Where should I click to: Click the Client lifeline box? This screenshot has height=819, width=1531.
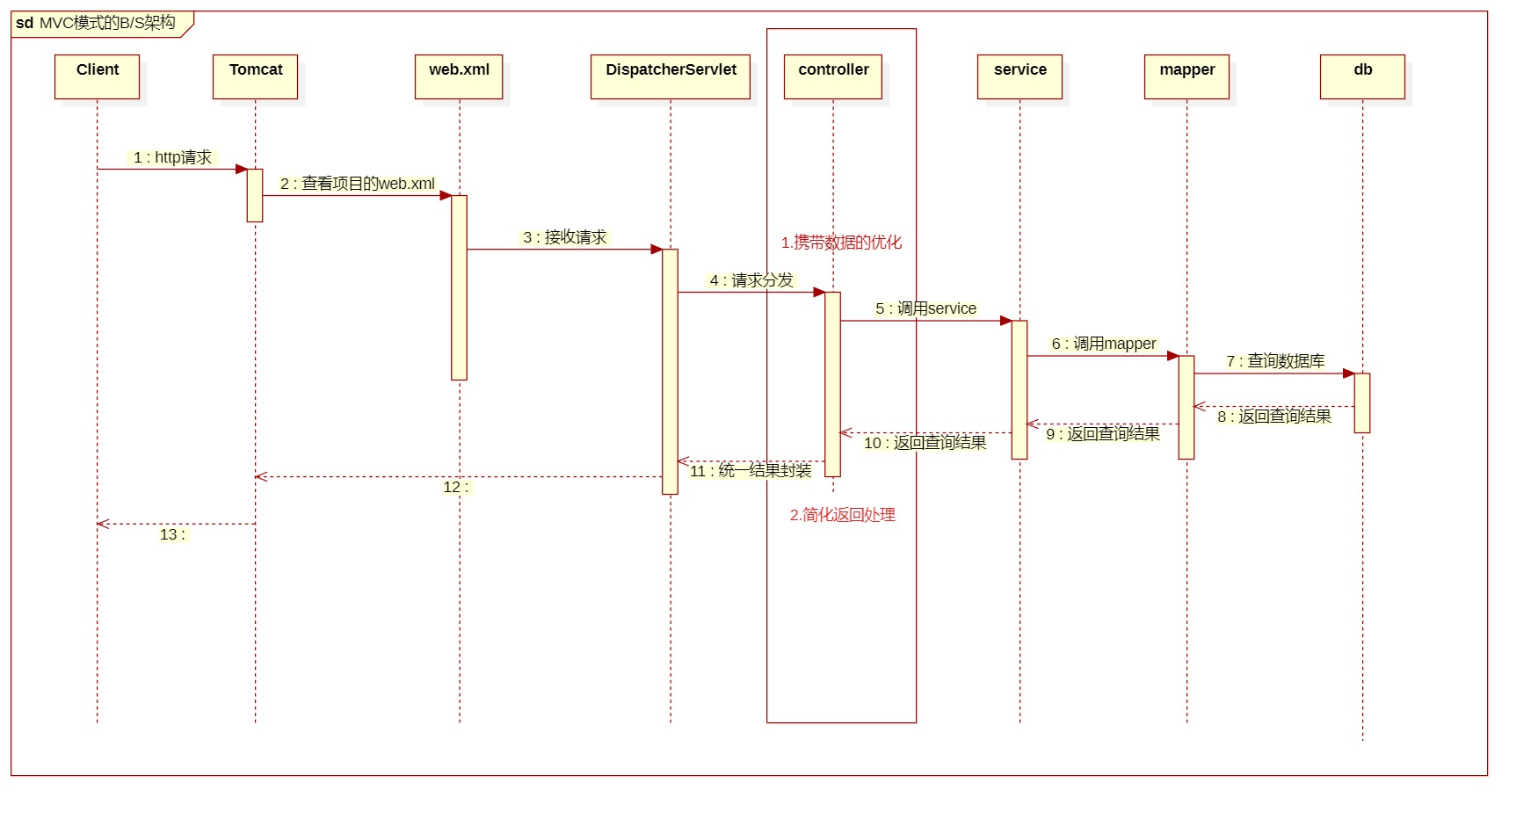[97, 76]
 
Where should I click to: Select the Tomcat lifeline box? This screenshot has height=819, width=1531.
[255, 76]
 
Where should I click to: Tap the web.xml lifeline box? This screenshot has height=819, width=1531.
[459, 76]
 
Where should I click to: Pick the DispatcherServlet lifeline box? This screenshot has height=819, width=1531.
[671, 76]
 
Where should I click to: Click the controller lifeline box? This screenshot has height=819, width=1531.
[833, 76]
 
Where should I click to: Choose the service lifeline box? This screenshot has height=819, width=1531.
[1019, 76]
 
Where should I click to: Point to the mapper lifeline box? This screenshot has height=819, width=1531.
[1186, 76]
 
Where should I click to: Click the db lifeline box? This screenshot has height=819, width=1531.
[1362, 76]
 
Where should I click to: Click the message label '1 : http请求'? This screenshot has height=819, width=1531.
[173, 157]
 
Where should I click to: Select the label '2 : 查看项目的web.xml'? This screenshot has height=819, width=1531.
[358, 184]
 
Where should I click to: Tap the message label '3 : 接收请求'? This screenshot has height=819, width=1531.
[565, 237]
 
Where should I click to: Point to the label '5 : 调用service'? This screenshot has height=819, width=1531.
[926, 308]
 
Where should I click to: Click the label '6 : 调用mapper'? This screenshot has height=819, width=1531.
[1104, 344]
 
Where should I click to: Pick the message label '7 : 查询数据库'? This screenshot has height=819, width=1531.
[1275, 361]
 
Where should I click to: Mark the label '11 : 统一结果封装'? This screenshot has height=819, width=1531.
[751, 471]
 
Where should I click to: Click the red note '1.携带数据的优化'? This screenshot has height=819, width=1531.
[841, 243]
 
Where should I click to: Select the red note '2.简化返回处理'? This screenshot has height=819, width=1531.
[842, 515]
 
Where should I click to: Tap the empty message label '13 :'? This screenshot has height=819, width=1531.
[172, 534]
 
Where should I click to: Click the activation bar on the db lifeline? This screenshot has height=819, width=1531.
[1362, 402]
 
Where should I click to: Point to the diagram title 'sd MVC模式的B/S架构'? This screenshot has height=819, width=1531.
[97, 23]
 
